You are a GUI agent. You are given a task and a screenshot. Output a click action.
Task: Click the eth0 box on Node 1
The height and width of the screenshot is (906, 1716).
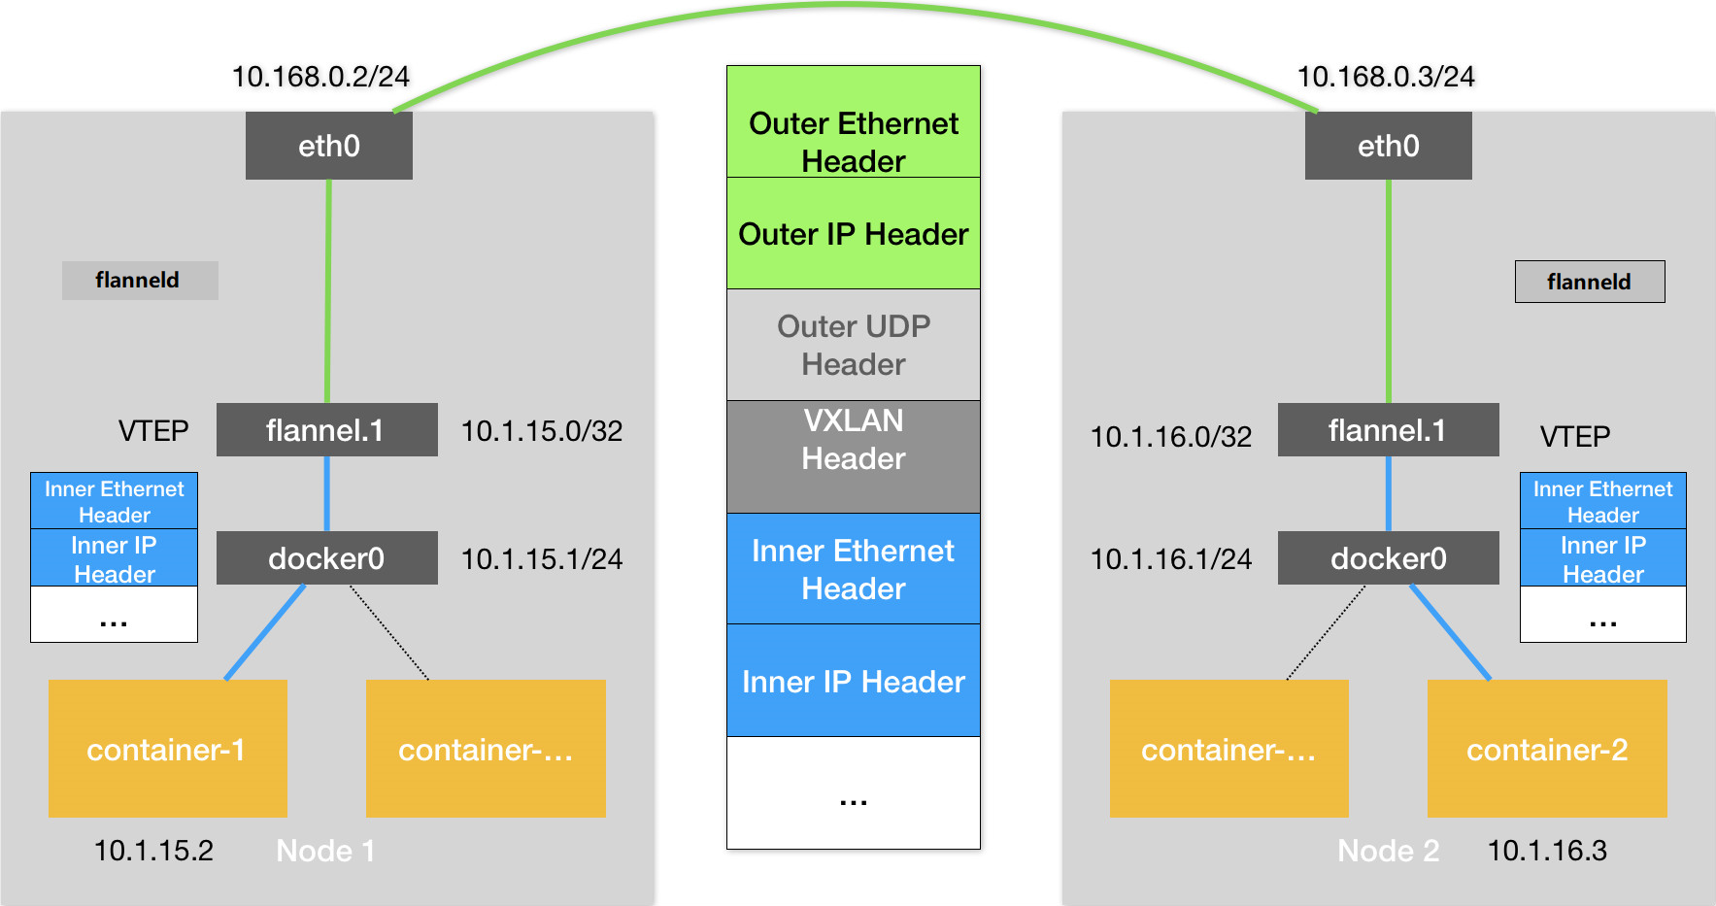click(x=329, y=146)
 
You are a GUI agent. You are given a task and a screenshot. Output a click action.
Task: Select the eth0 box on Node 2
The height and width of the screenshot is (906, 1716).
click(x=1389, y=146)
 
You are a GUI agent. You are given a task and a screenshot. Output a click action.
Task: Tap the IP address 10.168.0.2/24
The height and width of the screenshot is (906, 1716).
click(x=320, y=77)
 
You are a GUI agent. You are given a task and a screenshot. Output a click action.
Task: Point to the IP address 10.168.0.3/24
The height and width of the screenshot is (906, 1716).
click(x=1386, y=77)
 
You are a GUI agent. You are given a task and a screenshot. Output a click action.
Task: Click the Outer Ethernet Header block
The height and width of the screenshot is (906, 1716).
click(x=854, y=122)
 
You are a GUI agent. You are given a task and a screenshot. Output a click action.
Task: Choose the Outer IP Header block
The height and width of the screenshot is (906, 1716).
click(x=854, y=233)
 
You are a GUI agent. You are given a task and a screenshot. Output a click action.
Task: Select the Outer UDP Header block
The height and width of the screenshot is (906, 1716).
click(x=854, y=345)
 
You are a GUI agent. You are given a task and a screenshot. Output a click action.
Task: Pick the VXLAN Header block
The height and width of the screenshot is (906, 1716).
click(x=854, y=456)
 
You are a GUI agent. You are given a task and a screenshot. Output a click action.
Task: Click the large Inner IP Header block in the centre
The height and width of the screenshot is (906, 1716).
click(x=854, y=681)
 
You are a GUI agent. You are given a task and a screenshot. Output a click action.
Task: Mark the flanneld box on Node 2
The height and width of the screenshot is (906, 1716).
click(x=1590, y=282)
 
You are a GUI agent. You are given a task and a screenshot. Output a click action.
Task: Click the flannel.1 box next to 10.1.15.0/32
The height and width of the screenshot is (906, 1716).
click(x=327, y=430)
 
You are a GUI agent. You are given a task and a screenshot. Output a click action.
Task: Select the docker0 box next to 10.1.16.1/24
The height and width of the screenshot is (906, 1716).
click(x=1389, y=558)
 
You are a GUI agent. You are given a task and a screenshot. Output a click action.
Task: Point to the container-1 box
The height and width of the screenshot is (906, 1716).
click(x=168, y=749)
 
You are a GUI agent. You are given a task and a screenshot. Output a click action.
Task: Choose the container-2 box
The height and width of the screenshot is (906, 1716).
click(x=1547, y=749)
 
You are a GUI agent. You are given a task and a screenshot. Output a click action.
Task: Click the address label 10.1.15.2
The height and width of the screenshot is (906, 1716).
click(x=153, y=851)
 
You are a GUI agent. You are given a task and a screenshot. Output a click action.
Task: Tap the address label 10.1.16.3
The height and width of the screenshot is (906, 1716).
click(x=1547, y=851)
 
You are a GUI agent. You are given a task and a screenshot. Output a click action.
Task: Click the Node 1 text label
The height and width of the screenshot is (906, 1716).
click(x=325, y=851)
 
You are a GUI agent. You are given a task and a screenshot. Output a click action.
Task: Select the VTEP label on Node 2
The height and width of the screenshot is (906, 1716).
click(x=1575, y=437)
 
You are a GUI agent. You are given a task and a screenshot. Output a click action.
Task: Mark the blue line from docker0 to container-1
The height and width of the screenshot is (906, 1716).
click(x=265, y=632)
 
